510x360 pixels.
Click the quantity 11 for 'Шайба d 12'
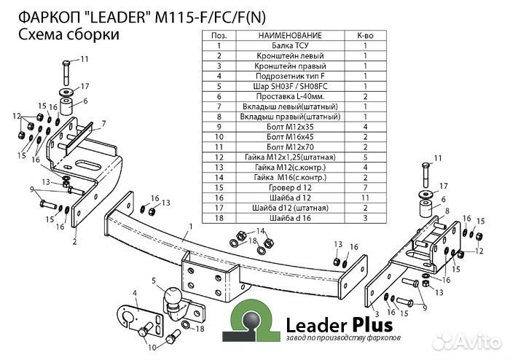(365, 197)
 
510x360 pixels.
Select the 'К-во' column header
(365, 35)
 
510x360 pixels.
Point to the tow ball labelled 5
(173, 298)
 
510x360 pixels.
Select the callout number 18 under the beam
(253, 240)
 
